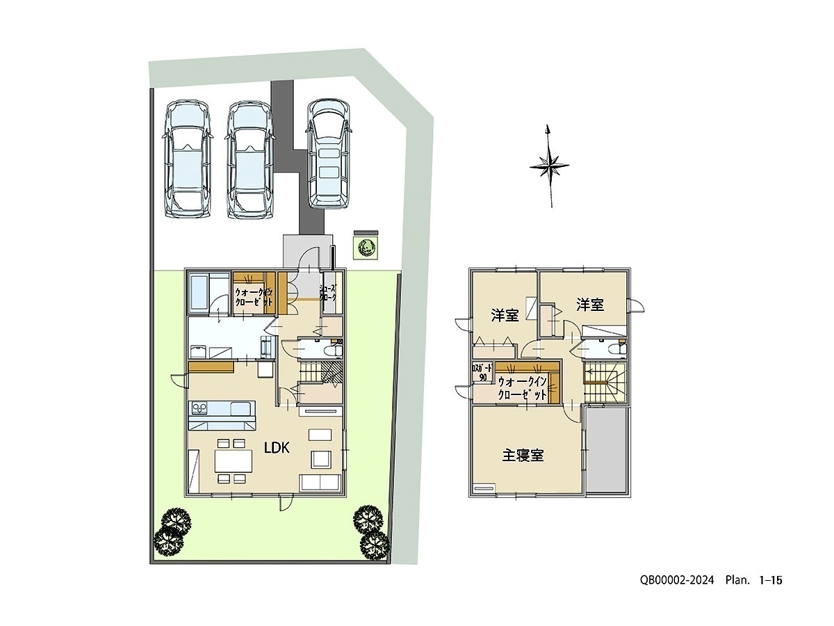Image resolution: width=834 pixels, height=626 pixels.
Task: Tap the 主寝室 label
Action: (x=523, y=456)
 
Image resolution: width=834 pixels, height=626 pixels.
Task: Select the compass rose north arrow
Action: (x=549, y=165)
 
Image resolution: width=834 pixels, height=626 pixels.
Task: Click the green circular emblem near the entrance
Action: (x=366, y=246)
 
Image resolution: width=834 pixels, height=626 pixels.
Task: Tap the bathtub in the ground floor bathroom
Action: (x=200, y=294)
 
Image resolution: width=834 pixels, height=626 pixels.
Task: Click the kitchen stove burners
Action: (x=197, y=408)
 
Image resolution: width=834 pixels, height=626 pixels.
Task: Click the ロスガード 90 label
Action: (x=482, y=372)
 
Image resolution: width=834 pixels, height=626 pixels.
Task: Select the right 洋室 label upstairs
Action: (x=589, y=304)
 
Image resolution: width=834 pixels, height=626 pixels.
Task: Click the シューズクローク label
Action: (x=328, y=292)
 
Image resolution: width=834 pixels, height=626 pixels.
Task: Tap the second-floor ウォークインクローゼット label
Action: (x=523, y=387)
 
